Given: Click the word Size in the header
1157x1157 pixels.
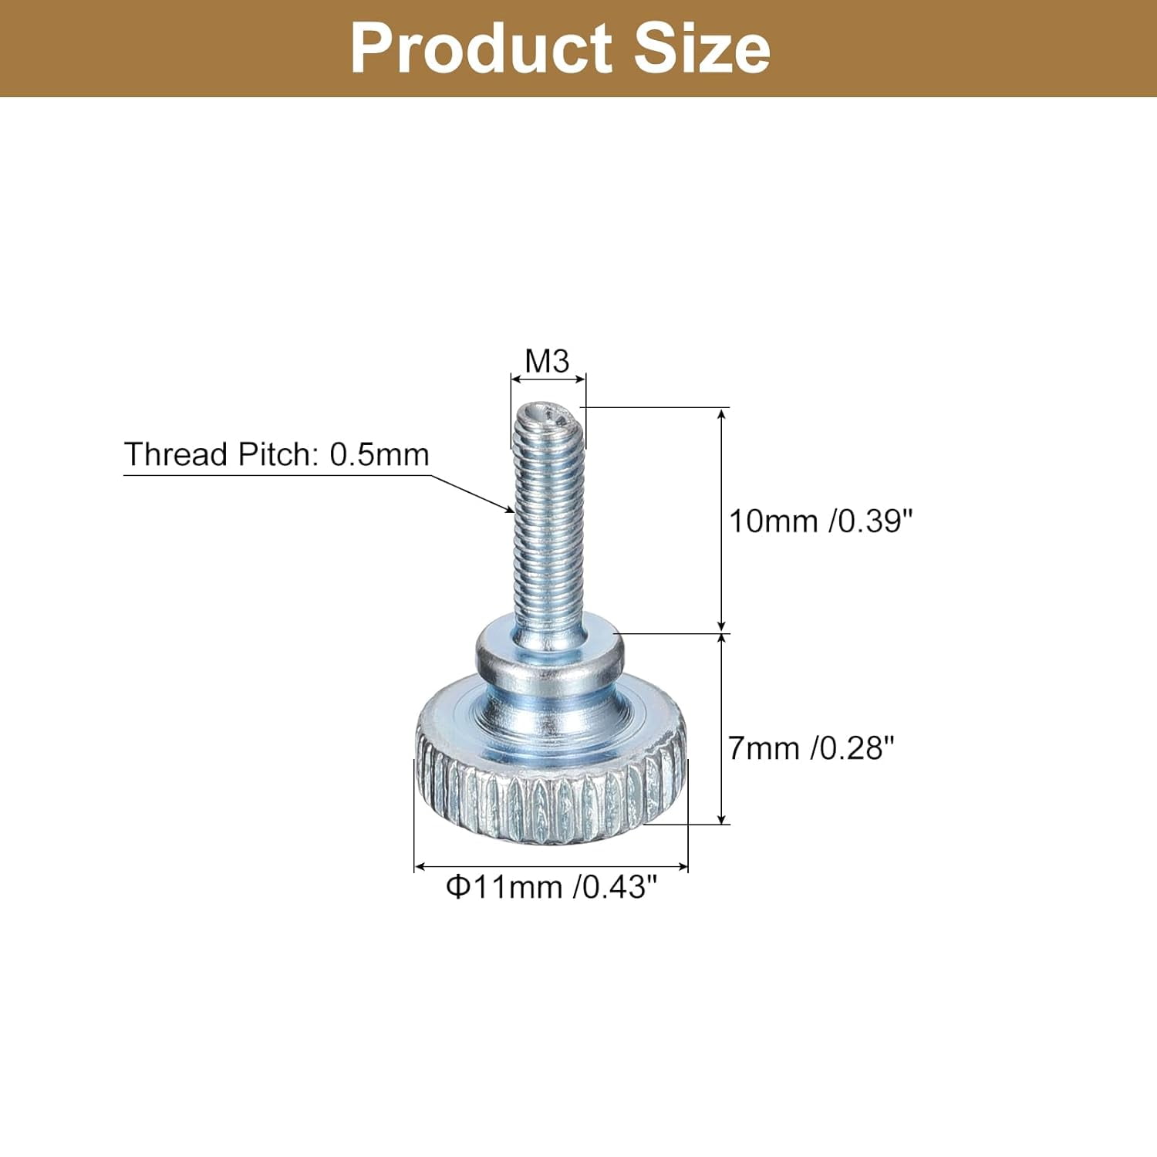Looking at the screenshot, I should (x=702, y=49).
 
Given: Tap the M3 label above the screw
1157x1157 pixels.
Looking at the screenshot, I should (x=547, y=361).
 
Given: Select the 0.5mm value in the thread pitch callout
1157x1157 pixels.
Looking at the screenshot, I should (x=379, y=454).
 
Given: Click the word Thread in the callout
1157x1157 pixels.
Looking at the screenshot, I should (x=177, y=454).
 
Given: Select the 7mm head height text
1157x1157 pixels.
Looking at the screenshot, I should (x=764, y=747).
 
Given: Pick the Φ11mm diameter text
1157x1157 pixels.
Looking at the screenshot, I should (x=504, y=887).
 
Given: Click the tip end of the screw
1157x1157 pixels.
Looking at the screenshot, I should (x=548, y=417).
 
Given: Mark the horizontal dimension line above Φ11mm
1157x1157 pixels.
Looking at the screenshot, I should (x=551, y=868).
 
